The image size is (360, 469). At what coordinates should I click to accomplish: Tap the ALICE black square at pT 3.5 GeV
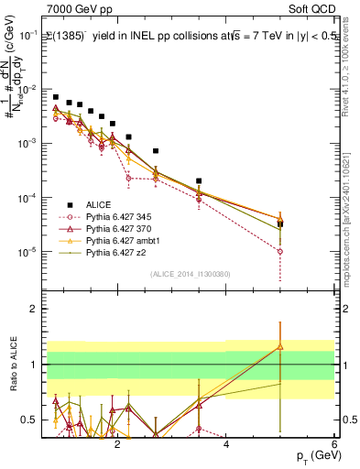[x=199, y=181]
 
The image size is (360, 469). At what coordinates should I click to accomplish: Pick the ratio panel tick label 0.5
[x=28, y=420]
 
